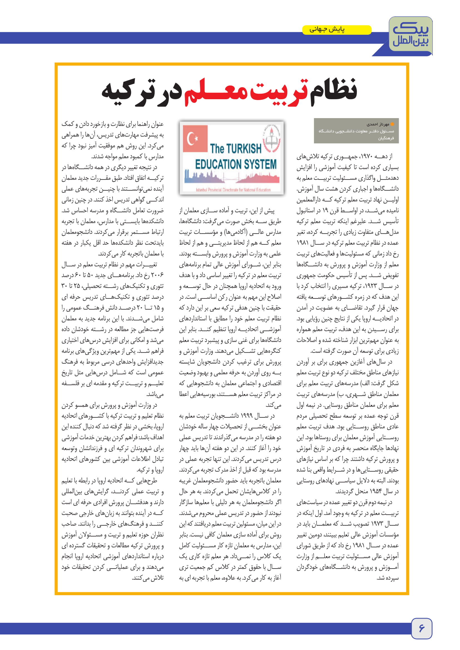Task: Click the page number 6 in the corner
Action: pos(421,628)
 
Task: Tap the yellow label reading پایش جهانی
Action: pos(337,30)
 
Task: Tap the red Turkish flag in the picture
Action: pos(195,139)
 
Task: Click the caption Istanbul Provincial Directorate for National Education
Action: pos(233,190)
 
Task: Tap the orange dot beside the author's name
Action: pos(392,124)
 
